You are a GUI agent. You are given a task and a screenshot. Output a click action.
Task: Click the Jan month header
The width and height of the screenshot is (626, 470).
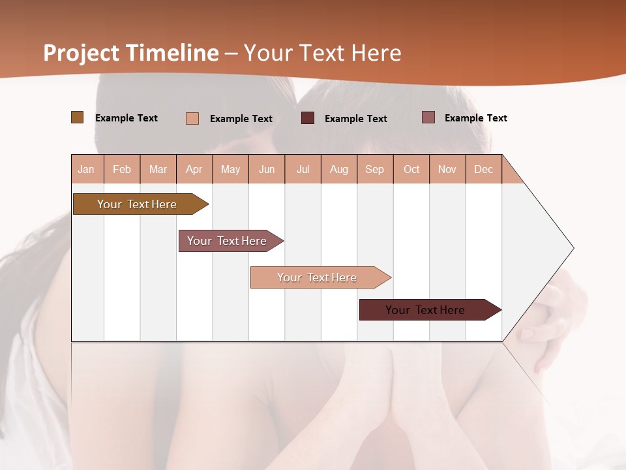(86, 169)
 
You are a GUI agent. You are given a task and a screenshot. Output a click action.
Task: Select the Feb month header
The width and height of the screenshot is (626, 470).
(122, 169)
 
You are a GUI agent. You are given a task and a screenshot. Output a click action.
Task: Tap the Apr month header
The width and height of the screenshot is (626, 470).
(194, 169)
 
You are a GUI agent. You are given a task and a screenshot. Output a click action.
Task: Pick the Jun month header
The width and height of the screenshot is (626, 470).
(267, 169)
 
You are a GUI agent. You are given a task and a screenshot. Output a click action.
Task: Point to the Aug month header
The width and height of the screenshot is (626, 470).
(338, 169)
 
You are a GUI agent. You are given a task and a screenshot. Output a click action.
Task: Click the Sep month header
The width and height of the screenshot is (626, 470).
(374, 169)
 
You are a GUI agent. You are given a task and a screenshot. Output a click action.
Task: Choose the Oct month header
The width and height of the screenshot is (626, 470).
(411, 169)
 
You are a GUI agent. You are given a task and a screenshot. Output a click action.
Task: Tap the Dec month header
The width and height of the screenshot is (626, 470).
(483, 169)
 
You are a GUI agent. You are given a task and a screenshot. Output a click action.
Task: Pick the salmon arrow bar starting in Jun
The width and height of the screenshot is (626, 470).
(318, 277)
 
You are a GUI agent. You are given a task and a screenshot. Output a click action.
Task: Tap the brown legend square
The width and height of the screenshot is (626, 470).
(77, 117)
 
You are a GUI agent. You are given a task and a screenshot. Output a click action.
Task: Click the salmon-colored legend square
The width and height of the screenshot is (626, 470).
(192, 118)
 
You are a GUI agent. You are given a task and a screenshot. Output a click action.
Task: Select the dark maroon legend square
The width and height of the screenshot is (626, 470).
(308, 118)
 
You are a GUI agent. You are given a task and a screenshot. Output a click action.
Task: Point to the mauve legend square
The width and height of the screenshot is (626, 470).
(428, 117)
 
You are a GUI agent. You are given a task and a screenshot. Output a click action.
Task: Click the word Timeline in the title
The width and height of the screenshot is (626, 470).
(172, 53)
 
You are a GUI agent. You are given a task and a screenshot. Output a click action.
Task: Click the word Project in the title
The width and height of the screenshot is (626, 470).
(81, 53)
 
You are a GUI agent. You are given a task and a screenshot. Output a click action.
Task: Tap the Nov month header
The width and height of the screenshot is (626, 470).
(447, 169)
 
